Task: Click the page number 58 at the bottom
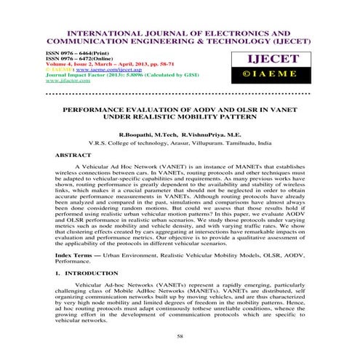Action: (180, 337)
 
